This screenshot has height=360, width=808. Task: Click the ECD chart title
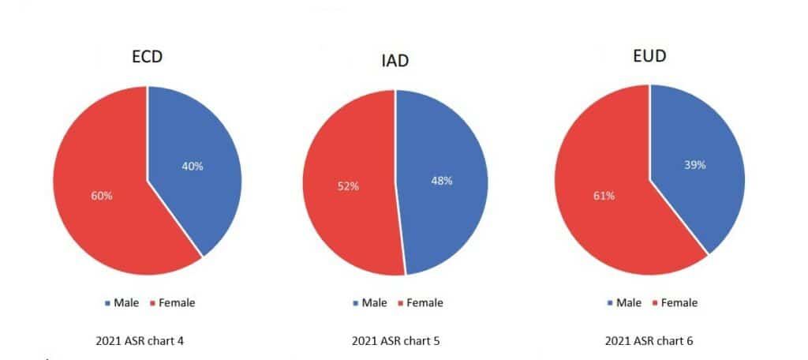point(148,58)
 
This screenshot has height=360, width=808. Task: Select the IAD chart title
point(392,61)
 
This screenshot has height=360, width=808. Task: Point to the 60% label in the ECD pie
point(100,196)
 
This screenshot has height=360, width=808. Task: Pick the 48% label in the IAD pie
point(441,181)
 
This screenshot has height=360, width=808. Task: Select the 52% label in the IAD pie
point(348,186)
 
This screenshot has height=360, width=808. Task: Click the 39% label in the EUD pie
point(694,165)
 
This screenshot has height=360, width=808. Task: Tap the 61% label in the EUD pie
point(601,197)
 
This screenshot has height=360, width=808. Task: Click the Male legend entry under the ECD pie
point(122,302)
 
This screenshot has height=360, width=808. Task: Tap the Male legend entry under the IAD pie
point(371,302)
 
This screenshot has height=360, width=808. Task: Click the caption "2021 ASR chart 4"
point(140,341)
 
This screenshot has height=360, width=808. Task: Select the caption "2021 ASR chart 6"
point(648,341)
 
